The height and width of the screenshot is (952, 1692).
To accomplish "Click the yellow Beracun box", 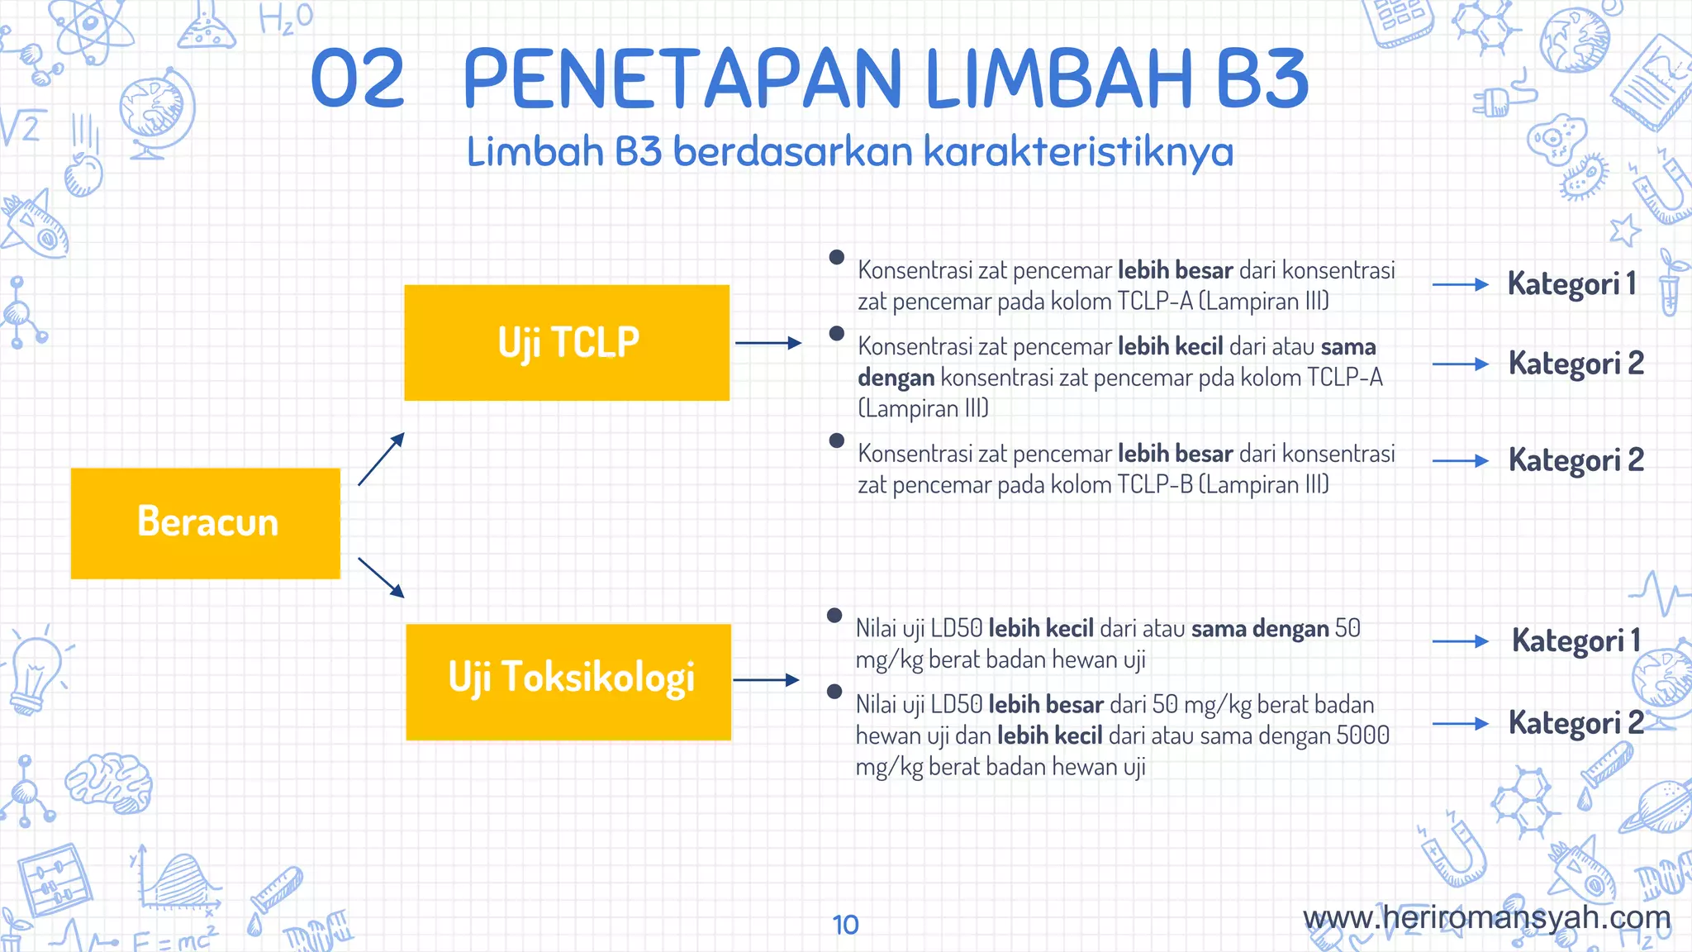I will pyautogui.click(x=206, y=523).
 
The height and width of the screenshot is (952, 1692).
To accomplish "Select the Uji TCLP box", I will pyautogui.click(x=567, y=343).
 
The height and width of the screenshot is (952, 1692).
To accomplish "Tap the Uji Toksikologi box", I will pyautogui.click(x=568, y=681).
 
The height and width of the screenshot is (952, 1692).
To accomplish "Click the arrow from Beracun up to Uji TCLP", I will pyautogui.click(x=381, y=459).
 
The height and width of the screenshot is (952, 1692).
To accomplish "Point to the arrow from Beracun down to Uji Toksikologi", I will pyautogui.click(x=381, y=577).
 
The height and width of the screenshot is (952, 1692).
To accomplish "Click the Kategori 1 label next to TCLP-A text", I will pyautogui.click(x=1571, y=284).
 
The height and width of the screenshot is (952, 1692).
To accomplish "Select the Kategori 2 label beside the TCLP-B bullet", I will pyautogui.click(x=1576, y=460).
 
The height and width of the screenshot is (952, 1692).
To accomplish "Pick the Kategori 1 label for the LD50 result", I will pyautogui.click(x=1576, y=641).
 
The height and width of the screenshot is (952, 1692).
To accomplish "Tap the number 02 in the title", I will pyautogui.click(x=358, y=79).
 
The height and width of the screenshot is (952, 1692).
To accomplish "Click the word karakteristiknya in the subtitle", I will pyautogui.click(x=1077, y=152).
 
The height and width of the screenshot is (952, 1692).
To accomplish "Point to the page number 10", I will pyautogui.click(x=845, y=925).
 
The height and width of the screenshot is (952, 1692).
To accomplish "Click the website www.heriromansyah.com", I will pyautogui.click(x=1486, y=917).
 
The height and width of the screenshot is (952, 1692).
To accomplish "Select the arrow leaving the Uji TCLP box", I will pyautogui.click(x=768, y=343).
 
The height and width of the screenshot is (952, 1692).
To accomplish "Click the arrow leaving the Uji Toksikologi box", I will pyautogui.click(x=767, y=680).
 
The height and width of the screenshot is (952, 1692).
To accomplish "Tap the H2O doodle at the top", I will pyautogui.click(x=286, y=18).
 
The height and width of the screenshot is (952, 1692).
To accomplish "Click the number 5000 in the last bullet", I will pyautogui.click(x=1362, y=735).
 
